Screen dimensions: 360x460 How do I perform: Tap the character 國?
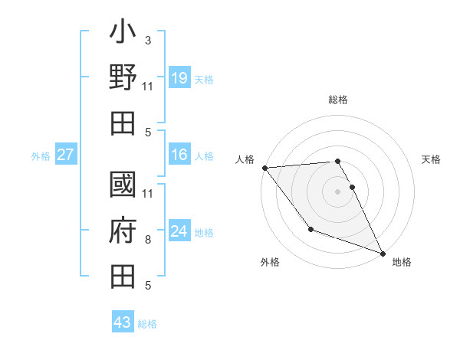point(123,186)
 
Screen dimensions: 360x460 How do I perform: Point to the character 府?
point(123,231)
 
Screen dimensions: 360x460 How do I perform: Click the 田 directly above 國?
point(123,123)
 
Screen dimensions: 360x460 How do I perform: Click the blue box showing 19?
point(179,77)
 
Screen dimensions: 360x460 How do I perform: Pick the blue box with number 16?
point(179,155)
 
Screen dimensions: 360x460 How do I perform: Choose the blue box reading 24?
point(179,231)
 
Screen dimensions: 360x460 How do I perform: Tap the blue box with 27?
point(65,155)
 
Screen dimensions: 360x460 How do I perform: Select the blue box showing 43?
point(123,322)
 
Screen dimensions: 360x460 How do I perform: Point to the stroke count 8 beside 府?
point(148,241)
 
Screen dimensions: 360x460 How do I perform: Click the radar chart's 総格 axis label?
point(338,100)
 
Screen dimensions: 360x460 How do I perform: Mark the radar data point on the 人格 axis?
point(264,167)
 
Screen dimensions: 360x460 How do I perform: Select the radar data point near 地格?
point(383,253)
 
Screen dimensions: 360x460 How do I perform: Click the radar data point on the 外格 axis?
point(310,229)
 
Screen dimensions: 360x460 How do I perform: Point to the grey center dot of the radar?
point(338,191)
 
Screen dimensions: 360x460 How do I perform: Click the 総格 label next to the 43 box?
point(147,323)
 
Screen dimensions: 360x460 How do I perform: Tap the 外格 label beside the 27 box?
point(41,156)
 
